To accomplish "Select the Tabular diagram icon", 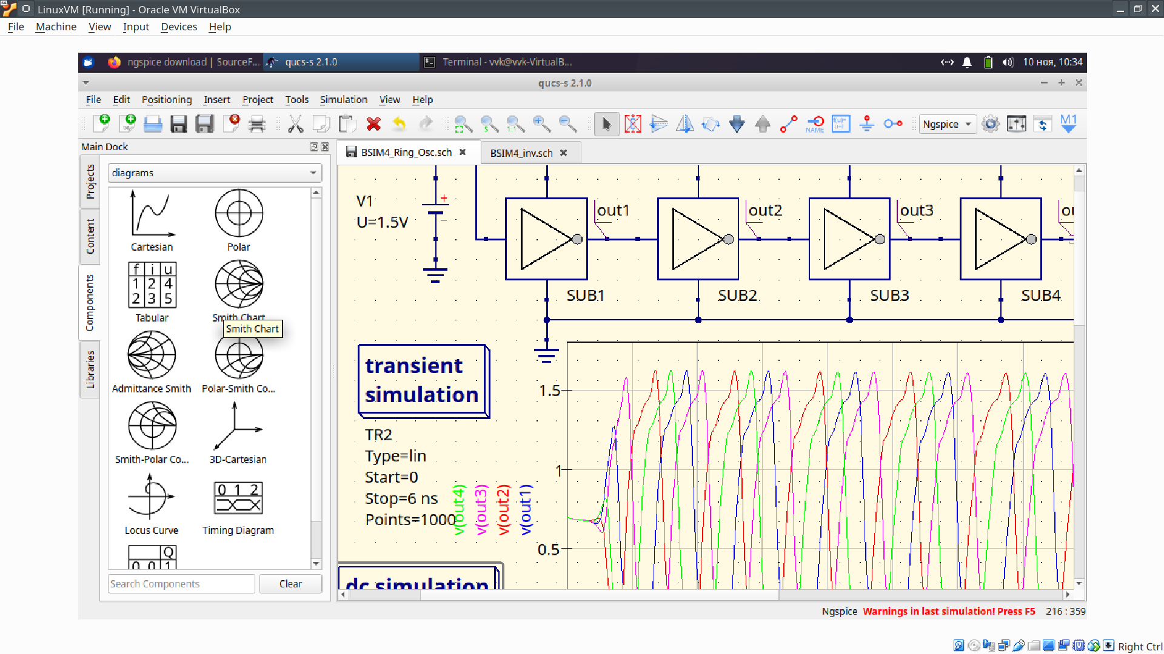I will [x=152, y=285].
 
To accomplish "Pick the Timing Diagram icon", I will [x=238, y=498].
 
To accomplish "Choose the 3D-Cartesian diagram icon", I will [x=238, y=427].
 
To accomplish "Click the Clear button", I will [x=290, y=584].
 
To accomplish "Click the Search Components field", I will [x=181, y=584].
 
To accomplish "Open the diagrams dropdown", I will [x=215, y=173].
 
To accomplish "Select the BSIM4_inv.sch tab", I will [x=521, y=153].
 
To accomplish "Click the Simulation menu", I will [x=343, y=99].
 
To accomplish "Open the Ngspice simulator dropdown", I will [x=947, y=124].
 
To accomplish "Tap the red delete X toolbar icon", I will [x=373, y=124].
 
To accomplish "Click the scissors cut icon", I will [x=295, y=124].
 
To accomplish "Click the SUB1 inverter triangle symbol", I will [x=546, y=239].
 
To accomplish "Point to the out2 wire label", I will [x=765, y=210].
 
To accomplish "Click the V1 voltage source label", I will [x=365, y=201].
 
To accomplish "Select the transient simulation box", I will [x=423, y=380].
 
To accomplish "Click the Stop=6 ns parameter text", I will [x=401, y=498].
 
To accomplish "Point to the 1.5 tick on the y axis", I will [x=549, y=391].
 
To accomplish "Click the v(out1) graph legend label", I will [x=526, y=509].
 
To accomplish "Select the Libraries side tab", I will [x=90, y=369].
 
